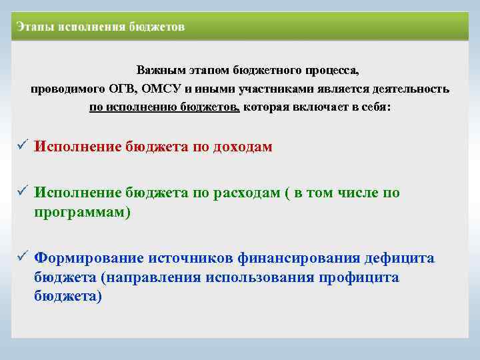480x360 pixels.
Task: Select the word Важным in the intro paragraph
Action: pyautogui.click(x=160, y=70)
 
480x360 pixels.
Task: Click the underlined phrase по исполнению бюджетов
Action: pyautogui.click(x=165, y=107)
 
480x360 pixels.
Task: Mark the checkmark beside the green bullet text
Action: pyautogui.click(x=22, y=193)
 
